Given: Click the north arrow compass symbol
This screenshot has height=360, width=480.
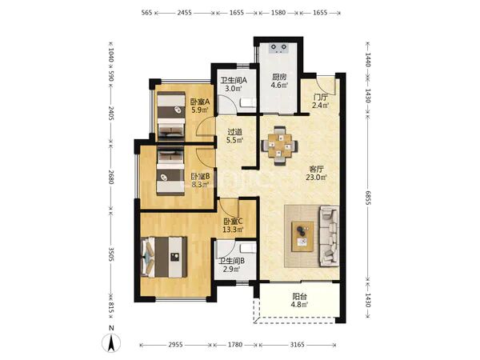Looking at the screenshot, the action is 111,343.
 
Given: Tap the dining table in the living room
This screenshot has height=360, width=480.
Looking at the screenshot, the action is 280,146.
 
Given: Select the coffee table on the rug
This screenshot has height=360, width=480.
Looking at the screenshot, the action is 302,237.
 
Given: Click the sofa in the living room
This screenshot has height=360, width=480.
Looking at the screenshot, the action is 329,236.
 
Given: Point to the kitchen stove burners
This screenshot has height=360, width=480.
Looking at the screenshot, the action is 278,48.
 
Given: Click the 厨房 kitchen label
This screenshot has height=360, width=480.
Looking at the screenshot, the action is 279,77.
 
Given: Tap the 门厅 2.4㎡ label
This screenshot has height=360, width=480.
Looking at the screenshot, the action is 321,102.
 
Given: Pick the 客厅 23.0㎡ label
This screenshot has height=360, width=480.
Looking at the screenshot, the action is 317,173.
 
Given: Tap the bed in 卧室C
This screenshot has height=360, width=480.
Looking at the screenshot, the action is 164,257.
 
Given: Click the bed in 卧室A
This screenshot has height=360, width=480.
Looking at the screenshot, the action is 171,116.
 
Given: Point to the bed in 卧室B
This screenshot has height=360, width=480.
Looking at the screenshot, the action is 170,170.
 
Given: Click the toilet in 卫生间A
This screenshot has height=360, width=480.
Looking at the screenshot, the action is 248,102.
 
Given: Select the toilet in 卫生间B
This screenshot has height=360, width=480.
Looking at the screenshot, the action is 248,249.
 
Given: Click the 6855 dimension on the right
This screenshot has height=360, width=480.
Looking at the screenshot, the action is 368,198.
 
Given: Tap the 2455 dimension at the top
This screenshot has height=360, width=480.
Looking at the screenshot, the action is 184,13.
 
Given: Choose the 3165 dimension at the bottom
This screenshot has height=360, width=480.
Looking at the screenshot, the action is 298,345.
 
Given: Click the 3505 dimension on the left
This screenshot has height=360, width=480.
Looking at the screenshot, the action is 111,254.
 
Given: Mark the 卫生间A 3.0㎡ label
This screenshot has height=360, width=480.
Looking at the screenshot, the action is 234,85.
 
